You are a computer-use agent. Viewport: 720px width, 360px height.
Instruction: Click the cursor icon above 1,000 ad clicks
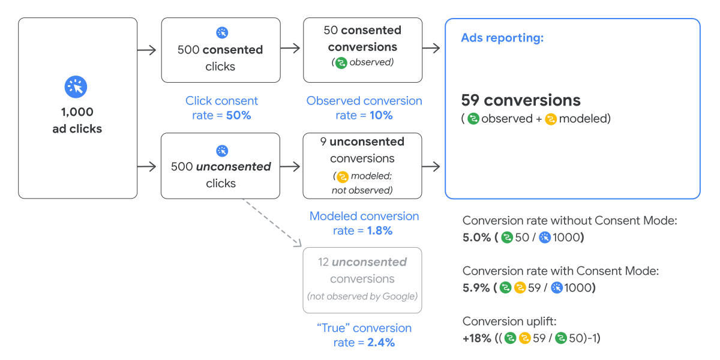coord(76,87)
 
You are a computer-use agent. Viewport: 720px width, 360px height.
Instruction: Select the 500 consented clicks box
coord(220,50)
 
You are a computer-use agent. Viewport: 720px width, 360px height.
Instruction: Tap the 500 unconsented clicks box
coord(220,166)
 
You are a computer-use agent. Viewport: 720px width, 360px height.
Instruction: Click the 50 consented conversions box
coord(362,50)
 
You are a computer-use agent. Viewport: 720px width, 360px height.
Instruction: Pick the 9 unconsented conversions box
coord(362,166)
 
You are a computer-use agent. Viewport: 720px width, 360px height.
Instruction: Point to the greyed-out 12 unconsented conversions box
coord(362,280)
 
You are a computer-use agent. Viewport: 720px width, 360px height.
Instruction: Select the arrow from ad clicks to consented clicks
coord(148,50)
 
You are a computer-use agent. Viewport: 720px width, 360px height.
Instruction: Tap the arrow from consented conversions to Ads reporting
coord(431,49)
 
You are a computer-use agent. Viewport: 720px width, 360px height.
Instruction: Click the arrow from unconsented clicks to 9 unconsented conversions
coord(290,166)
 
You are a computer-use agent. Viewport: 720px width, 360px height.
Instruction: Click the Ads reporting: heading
coord(502,38)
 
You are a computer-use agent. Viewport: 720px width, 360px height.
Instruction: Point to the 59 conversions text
coord(521,100)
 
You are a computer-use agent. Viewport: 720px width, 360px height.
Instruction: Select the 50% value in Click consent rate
coord(238,115)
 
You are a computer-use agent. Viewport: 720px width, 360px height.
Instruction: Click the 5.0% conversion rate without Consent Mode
coord(476,238)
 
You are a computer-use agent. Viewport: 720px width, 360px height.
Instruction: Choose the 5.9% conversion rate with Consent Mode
coord(476,288)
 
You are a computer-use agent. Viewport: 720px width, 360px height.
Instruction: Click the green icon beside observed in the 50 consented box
coord(341,62)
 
